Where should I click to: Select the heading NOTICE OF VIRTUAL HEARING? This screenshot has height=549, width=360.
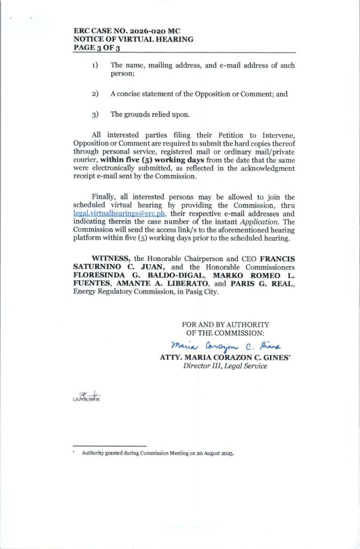(133, 39)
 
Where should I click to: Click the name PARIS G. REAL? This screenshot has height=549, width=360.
(254, 286)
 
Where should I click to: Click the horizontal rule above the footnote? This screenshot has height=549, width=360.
(109, 446)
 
